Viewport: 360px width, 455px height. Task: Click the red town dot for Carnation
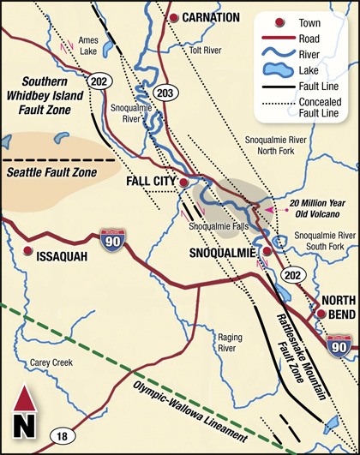[173, 17]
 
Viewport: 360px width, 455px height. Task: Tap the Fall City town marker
[183, 182]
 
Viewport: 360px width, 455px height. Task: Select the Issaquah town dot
[28, 252]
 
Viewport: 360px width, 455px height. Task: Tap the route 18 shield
[61, 437]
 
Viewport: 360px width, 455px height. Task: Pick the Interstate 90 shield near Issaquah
[111, 237]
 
